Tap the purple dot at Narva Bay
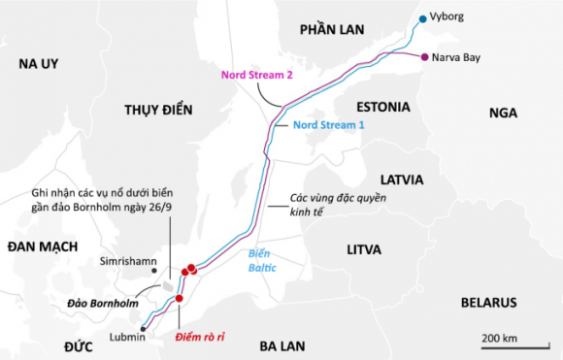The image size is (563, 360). pyautogui.click(x=424, y=56)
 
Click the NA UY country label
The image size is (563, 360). pyautogui.click(x=39, y=64)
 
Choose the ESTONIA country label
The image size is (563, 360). pyautogui.click(x=382, y=106)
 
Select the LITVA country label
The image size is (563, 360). pyautogui.click(x=371, y=249)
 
